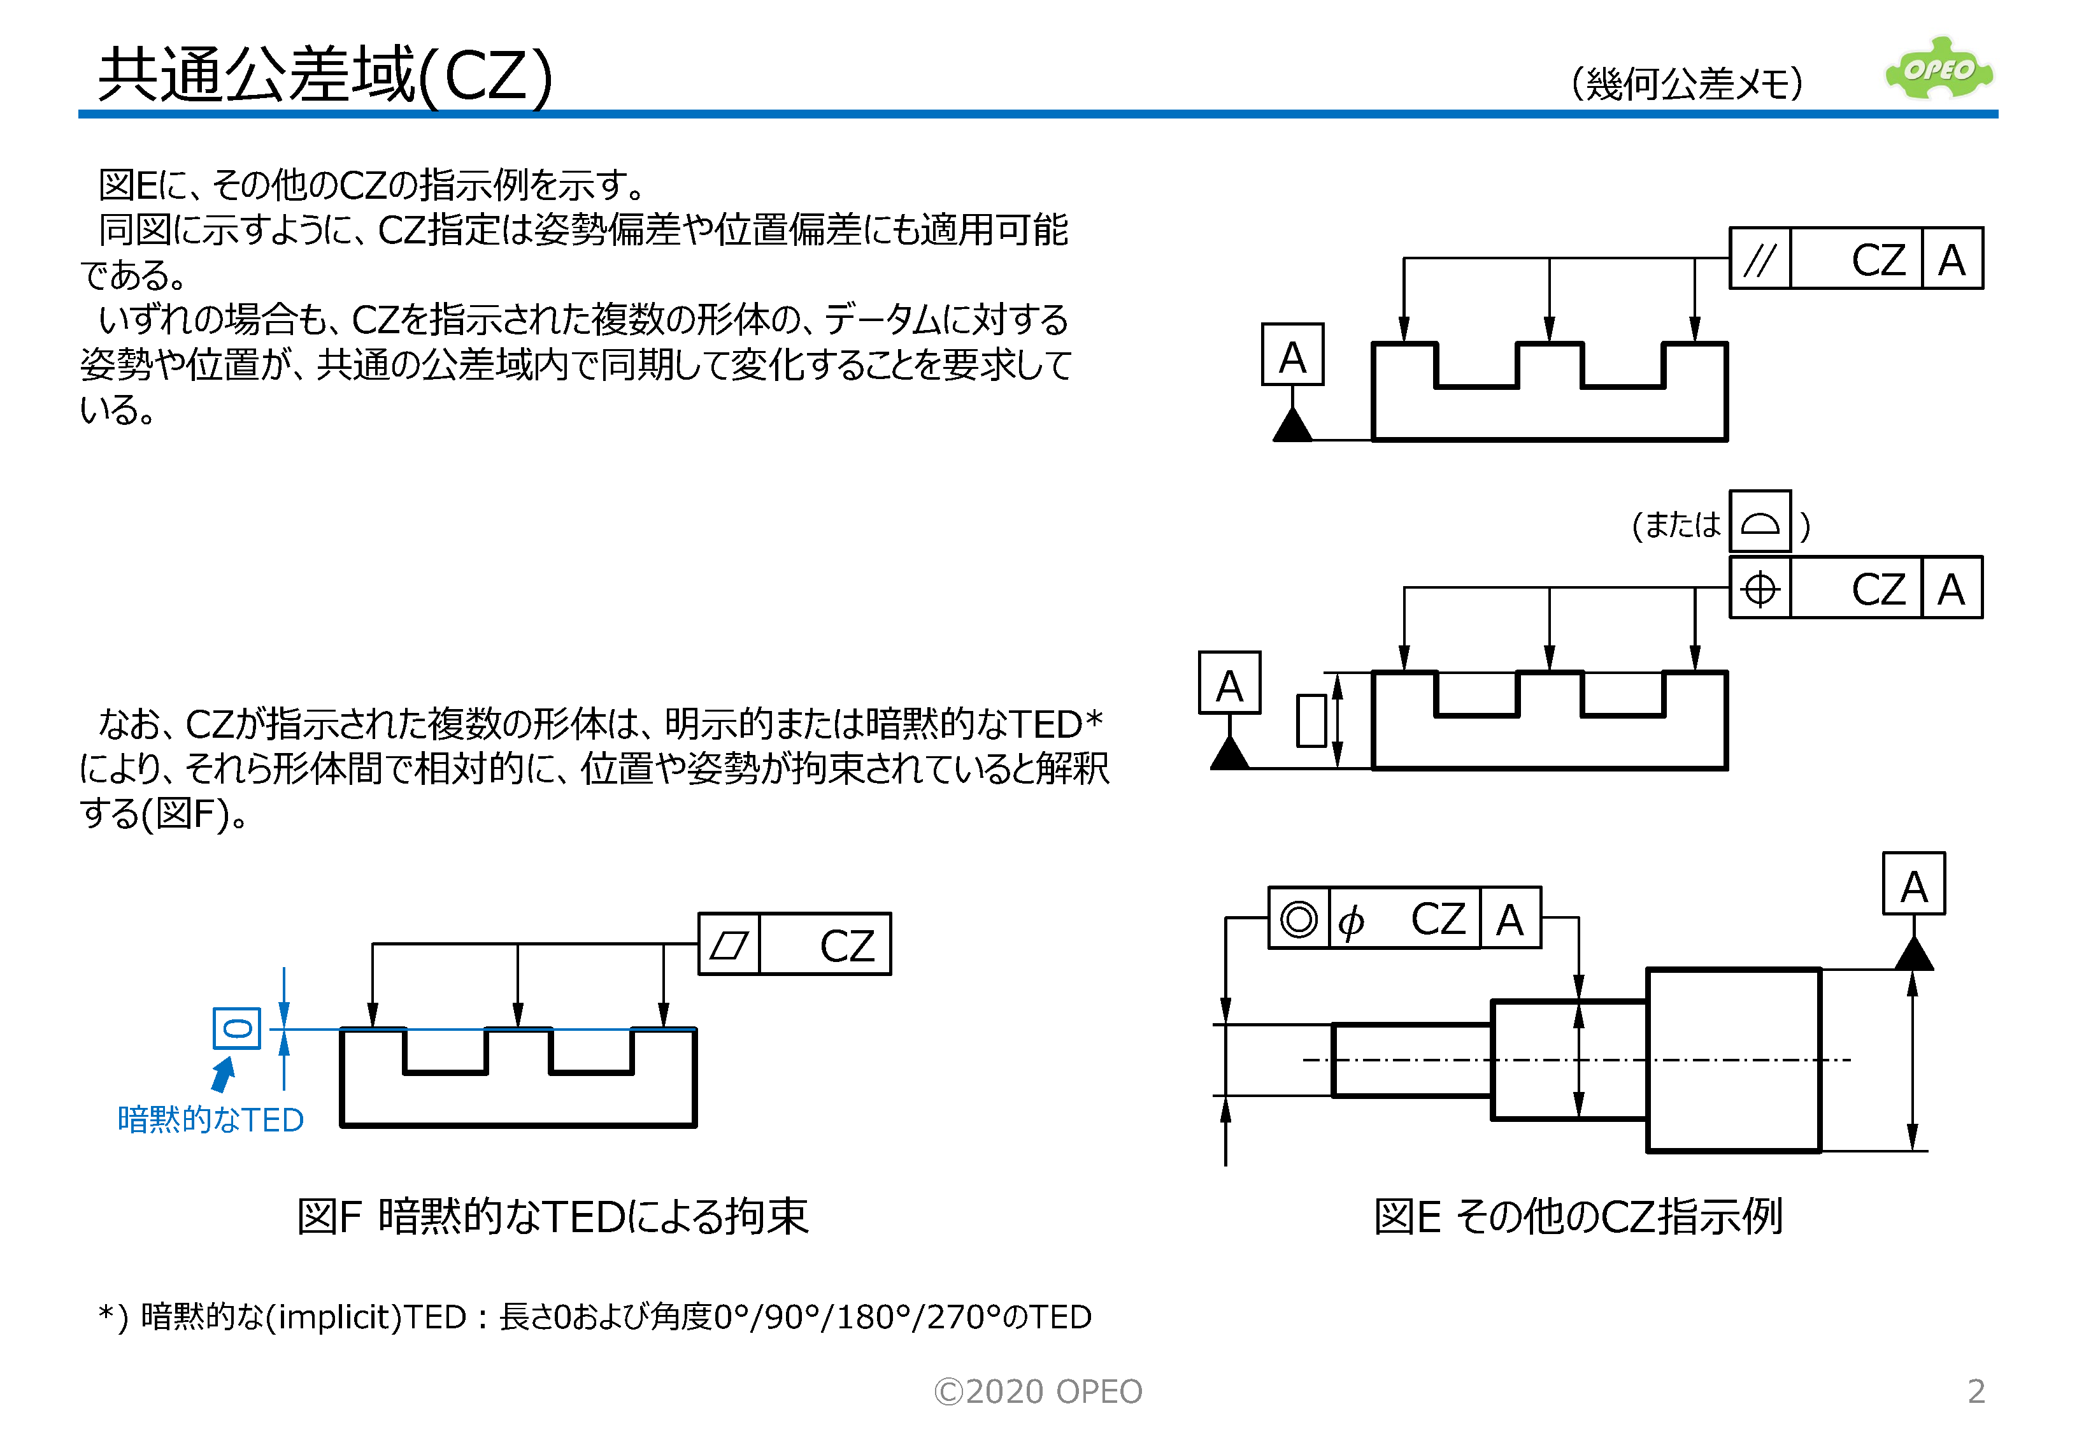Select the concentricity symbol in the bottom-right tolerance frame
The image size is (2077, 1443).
(x=1298, y=919)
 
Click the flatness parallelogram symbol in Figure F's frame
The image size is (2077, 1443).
(x=729, y=945)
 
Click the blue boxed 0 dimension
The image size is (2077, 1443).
(x=237, y=1029)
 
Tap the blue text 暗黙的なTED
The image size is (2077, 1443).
(x=210, y=1120)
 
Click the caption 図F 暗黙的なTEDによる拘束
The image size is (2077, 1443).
(x=552, y=1217)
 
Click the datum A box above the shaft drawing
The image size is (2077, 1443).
(x=1913, y=884)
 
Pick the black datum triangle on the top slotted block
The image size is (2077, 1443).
(x=1292, y=426)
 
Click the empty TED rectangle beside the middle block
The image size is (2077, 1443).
(x=1311, y=721)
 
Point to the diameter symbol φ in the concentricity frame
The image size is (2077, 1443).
(x=1351, y=921)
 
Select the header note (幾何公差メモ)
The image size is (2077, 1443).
(x=1687, y=83)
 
